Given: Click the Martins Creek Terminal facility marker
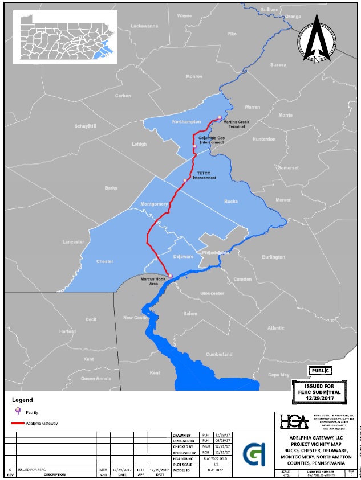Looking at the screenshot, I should [x=218, y=118].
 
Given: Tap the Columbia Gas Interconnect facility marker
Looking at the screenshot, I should [x=195, y=146].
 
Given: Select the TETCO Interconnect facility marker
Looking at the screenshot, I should [x=185, y=180].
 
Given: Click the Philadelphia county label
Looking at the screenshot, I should [x=216, y=252].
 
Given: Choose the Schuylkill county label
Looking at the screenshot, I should [x=85, y=126].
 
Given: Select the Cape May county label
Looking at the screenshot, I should [x=279, y=374].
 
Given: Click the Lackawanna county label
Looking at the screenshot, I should [x=143, y=26].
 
